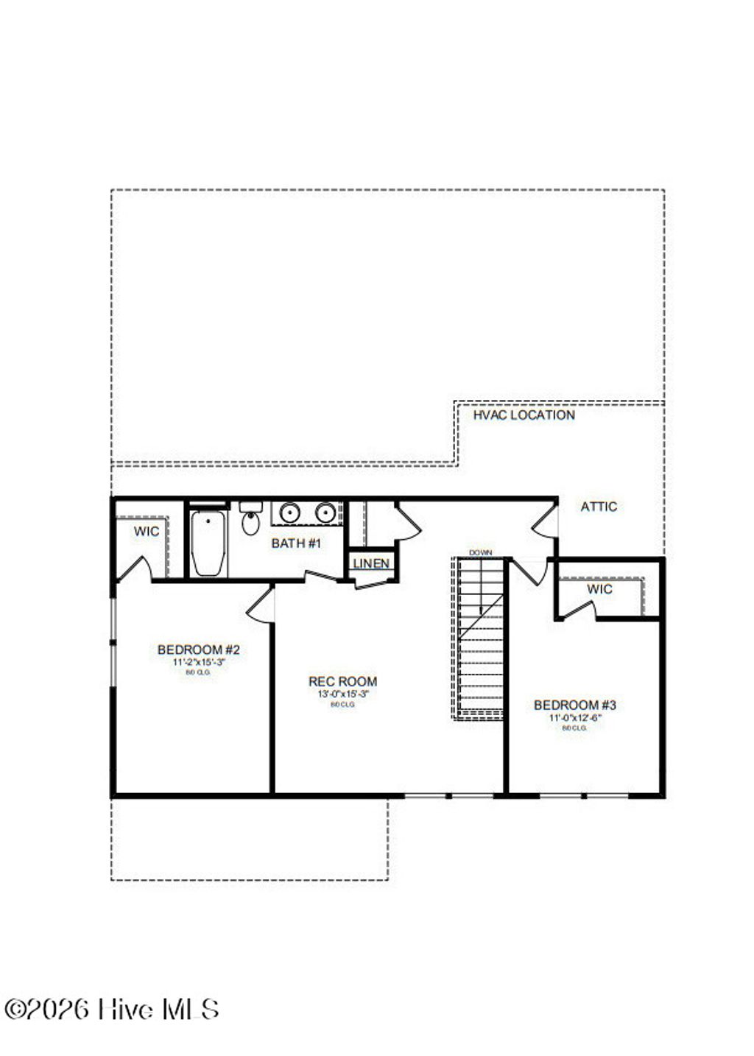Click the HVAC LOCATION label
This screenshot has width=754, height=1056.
(x=524, y=415)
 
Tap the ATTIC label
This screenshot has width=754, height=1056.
(x=599, y=507)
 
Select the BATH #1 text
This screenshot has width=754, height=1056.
(x=296, y=544)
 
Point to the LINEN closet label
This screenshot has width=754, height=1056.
(x=371, y=564)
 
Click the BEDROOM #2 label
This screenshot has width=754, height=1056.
(x=199, y=650)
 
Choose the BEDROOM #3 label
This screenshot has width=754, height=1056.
(x=575, y=705)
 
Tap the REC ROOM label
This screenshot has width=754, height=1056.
(x=342, y=682)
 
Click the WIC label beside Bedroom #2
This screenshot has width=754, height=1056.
(x=146, y=532)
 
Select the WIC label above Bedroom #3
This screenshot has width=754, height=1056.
(x=599, y=589)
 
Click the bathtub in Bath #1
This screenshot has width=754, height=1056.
(x=208, y=543)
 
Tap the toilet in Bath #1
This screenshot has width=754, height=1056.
(x=250, y=521)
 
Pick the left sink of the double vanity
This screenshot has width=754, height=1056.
(x=289, y=513)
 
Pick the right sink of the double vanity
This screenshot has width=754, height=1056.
(x=325, y=513)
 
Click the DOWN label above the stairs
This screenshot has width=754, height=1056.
(x=480, y=552)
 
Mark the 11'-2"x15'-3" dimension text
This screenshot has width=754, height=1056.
(x=199, y=662)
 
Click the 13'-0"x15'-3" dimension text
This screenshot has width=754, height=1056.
(x=342, y=694)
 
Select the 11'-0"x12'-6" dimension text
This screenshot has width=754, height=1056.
(x=575, y=717)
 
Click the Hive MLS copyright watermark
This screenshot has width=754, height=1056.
(x=111, y=1009)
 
